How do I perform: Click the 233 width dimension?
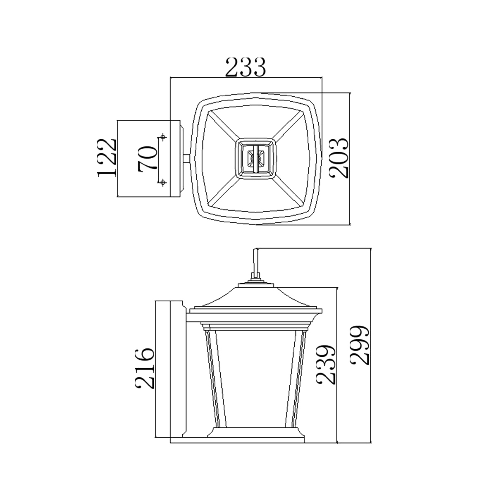point(245,67)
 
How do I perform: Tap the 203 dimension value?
point(339,158)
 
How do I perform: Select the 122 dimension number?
point(107,158)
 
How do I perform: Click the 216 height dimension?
point(145,368)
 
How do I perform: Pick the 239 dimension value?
point(327,365)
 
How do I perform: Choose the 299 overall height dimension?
point(360,345)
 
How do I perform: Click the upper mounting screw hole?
point(162,137)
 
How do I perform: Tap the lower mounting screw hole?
point(162,182)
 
